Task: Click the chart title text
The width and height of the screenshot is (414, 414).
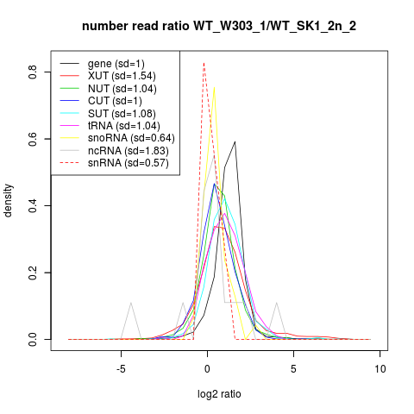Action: coord(219,27)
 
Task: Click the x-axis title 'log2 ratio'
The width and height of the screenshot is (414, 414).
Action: coord(219,394)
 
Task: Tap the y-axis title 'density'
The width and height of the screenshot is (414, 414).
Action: coord(9,201)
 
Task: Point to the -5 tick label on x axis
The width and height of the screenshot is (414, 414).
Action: coord(121,369)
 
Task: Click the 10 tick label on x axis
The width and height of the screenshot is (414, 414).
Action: coord(380,369)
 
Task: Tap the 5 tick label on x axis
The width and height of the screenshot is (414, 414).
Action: coord(293,369)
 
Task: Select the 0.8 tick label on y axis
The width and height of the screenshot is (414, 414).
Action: coord(33,72)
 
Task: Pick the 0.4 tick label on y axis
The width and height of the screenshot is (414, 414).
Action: coord(33,205)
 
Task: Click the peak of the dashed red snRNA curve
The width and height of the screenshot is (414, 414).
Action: coord(204,63)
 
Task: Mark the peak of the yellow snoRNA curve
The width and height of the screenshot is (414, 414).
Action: coord(214,87)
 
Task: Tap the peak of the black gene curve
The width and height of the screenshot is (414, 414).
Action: coord(235,141)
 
